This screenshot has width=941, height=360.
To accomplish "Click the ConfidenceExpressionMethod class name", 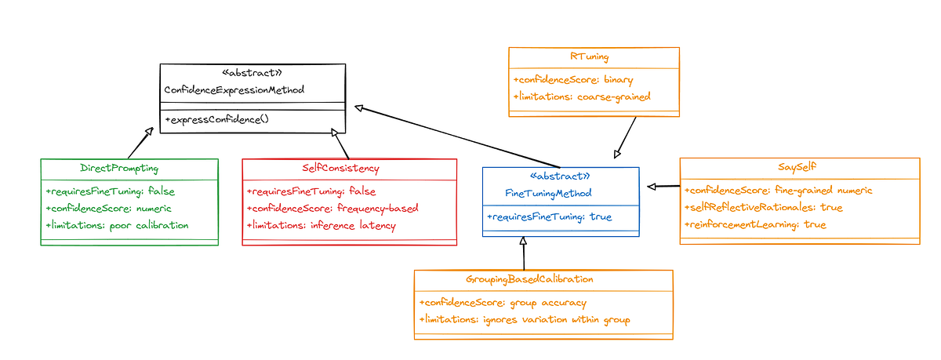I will [234, 90].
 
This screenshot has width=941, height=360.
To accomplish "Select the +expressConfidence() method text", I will [216, 119].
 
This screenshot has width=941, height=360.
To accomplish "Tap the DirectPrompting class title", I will [119, 168].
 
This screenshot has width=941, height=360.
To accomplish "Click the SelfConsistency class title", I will [340, 168].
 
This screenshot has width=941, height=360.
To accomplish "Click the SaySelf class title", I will [800, 168].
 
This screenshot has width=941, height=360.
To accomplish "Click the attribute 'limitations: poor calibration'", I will [118, 225].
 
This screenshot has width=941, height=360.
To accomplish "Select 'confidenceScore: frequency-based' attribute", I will [332, 208].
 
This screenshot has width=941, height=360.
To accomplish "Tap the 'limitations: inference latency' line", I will [322, 225].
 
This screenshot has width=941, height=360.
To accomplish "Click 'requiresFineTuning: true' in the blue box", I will [549, 216].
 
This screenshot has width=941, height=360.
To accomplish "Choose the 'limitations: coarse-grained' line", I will [582, 96].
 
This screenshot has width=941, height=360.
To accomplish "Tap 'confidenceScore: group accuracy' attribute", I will [503, 302].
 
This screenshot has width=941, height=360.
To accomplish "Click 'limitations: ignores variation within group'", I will [525, 319].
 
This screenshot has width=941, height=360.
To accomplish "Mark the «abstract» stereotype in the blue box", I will [560, 176].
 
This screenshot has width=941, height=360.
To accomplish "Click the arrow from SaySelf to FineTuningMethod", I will [663, 186].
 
